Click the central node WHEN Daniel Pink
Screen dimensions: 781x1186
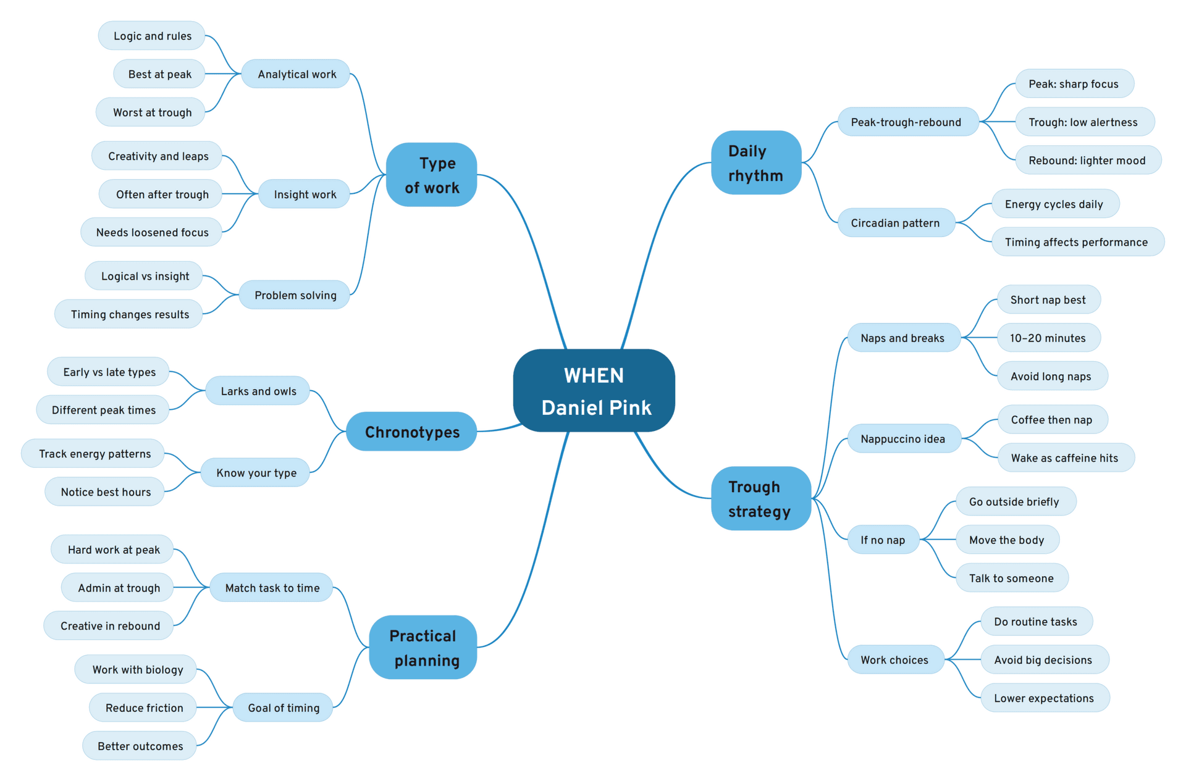tap(594, 391)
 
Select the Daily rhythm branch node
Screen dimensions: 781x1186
tap(756, 163)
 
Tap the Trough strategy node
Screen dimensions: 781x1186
tap(760, 499)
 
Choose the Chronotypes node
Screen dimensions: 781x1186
tap(411, 432)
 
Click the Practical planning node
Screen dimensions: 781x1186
tap(423, 648)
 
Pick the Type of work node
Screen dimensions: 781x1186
tap(431, 175)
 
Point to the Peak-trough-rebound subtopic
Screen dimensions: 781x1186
tap(907, 122)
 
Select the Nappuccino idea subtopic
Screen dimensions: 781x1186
tap(903, 439)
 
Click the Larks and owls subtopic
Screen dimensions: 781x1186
tap(258, 391)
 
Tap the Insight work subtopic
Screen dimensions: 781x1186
tap(305, 194)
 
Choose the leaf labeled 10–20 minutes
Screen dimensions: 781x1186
tap(1048, 338)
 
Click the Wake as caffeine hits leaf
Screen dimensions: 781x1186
tap(1064, 458)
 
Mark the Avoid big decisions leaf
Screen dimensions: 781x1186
tap(1043, 660)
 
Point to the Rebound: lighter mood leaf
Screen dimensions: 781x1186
tap(1087, 161)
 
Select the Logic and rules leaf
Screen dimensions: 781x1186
tap(152, 36)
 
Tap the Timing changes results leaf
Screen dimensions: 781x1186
tap(130, 314)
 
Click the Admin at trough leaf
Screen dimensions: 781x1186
tap(119, 588)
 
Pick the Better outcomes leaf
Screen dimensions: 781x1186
tap(140, 746)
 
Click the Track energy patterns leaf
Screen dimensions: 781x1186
tap(95, 454)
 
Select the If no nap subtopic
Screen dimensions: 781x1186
tap(883, 540)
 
